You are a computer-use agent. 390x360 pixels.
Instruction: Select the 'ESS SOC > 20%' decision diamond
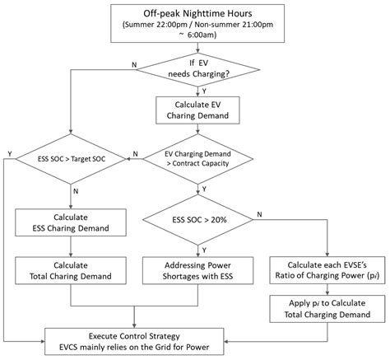click(x=197, y=219)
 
